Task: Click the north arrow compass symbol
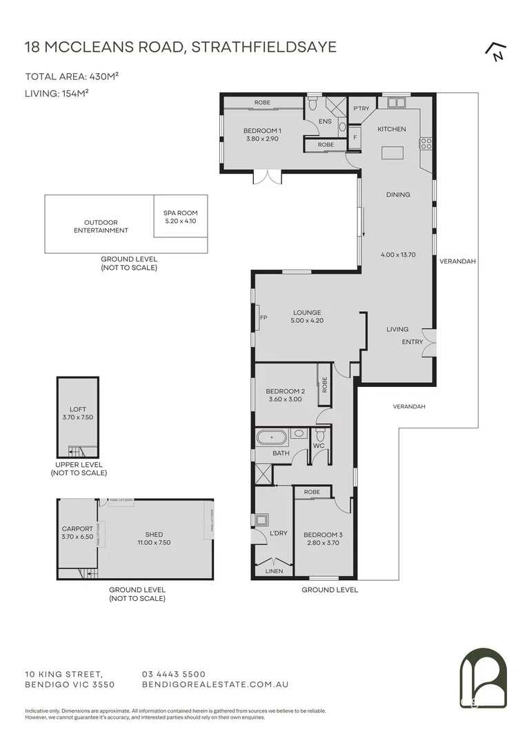[x=494, y=51]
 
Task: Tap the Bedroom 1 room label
[x=262, y=130]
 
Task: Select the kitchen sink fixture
[x=396, y=103]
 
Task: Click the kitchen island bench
[x=392, y=152]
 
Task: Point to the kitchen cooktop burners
[x=426, y=143]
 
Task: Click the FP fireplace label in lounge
[x=263, y=318]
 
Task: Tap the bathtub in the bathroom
[x=272, y=437]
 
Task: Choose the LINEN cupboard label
[x=274, y=571]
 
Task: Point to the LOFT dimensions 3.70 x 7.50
[x=77, y=416]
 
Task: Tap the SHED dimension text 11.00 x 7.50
[x=154, y=542]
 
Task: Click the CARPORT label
[x=77, y=529]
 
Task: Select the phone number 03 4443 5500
[x=173, y=674]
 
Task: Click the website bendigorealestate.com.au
[x=214, y=684]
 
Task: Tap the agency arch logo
[x=483, y=679]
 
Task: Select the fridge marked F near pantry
[x=355, y=137]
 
